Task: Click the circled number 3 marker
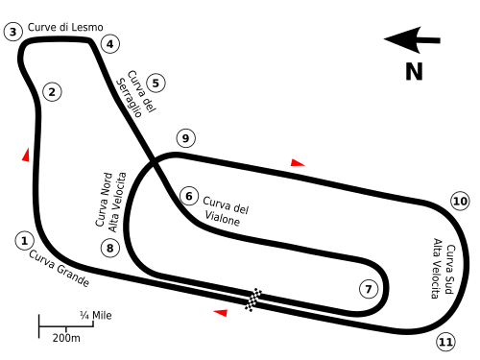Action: click(x=13, y=32)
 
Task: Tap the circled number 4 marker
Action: click(x=110, y=44)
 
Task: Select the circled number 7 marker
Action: click(x=369, y=289)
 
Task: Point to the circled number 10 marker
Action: click(x=460, y=201)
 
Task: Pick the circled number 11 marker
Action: click(x=445, y=342)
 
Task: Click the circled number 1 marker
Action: click(x=24, y=241)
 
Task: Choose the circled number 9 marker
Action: click(x=185, y=138)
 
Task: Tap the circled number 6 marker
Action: click(x=189, y=196)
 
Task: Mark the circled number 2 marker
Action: click(x=52, y=92)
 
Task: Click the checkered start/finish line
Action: click(x=253, y=300)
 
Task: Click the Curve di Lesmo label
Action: click(x=65, y=27)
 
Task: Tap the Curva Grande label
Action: click(x=60, y=269)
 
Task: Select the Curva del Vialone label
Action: click(x=226, y=211)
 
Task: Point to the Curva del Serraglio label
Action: click(x=136, y=93)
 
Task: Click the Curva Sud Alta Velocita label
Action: click(x=444, y=268)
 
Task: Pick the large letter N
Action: click(x=414, y=71)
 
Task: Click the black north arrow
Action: click(x=412, y=40)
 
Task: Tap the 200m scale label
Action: click(x=66, y=338)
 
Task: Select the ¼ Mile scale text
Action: click(x=96, y=316)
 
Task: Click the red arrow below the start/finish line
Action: click(x=221, y=313)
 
